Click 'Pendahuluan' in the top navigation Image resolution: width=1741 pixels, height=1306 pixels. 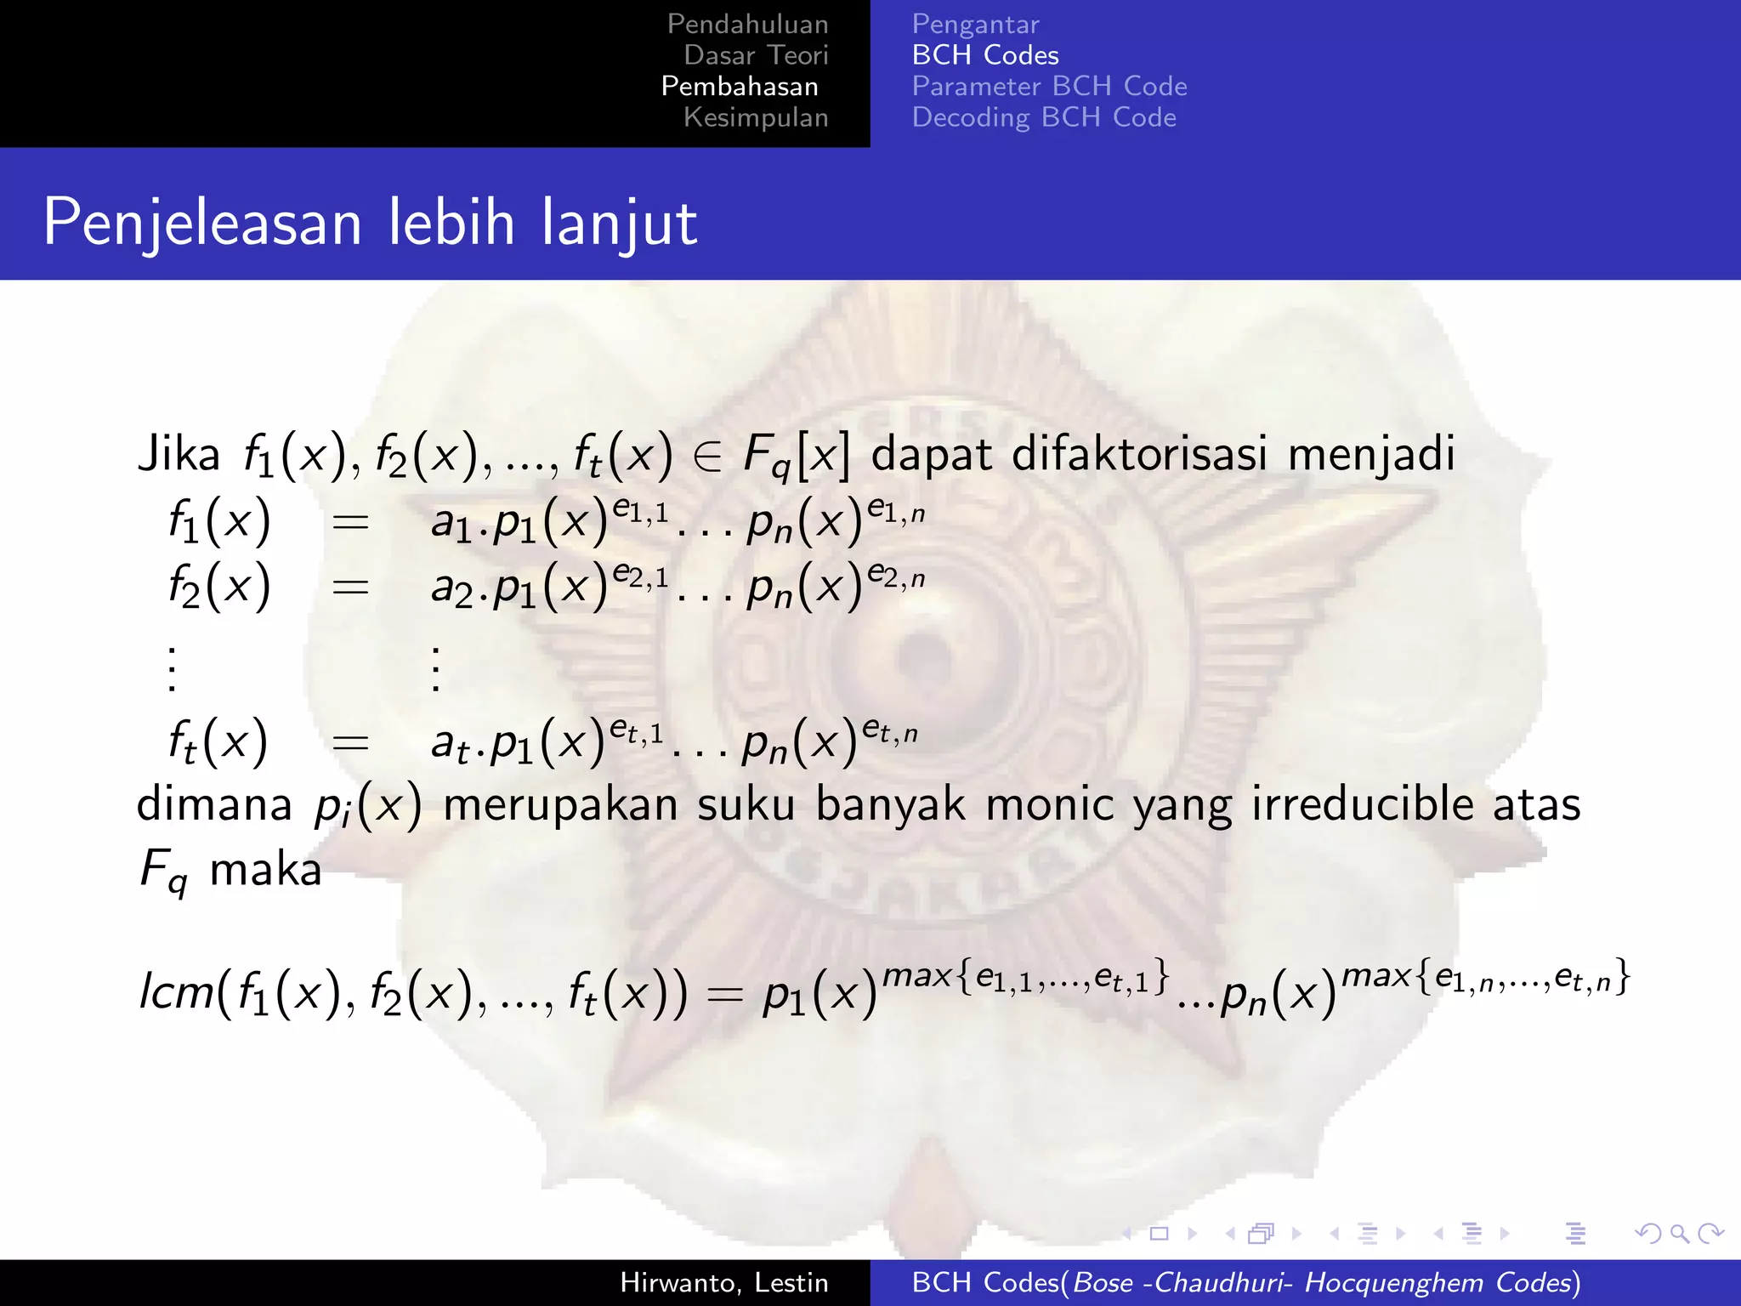click(x=747, y=25)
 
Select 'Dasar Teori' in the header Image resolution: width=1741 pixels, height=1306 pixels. click(x=756, y=55)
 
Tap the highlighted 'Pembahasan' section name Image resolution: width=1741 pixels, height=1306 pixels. click(x=740, y=87)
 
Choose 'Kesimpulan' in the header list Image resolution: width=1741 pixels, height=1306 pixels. click(x=756, y=117)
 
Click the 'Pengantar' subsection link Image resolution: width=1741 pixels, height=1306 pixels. click(x=975, y=25)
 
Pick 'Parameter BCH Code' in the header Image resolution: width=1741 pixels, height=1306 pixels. click(x=1049, y=87)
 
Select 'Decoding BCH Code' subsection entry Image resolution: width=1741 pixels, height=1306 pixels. click(x=1044, y=117)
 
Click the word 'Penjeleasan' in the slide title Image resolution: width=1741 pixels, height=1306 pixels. click(x=202, y=224)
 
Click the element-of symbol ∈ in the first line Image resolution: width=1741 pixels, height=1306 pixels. click(x=707, y=457)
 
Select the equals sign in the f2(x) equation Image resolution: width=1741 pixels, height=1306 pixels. click(x=350, y=587)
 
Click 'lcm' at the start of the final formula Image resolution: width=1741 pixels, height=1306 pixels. click(x=176, y=991)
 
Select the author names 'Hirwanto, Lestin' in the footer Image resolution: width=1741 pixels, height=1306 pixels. click(x=723, y=1283)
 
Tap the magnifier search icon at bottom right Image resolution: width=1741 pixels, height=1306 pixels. click(x=1679, y=1234)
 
